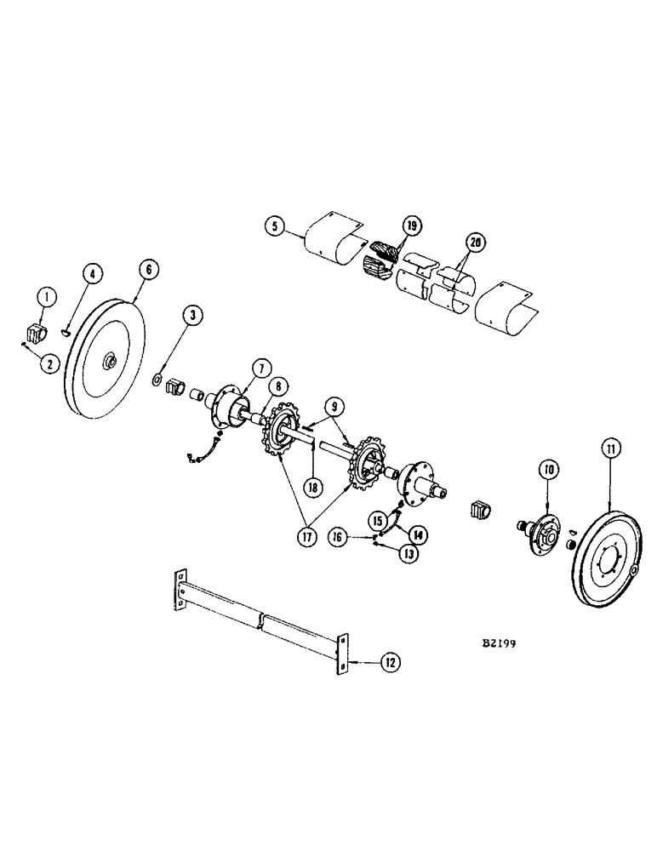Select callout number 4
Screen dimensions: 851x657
click(94, 273)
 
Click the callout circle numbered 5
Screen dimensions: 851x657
click(272, 226)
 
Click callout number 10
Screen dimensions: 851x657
click(547, 468)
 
